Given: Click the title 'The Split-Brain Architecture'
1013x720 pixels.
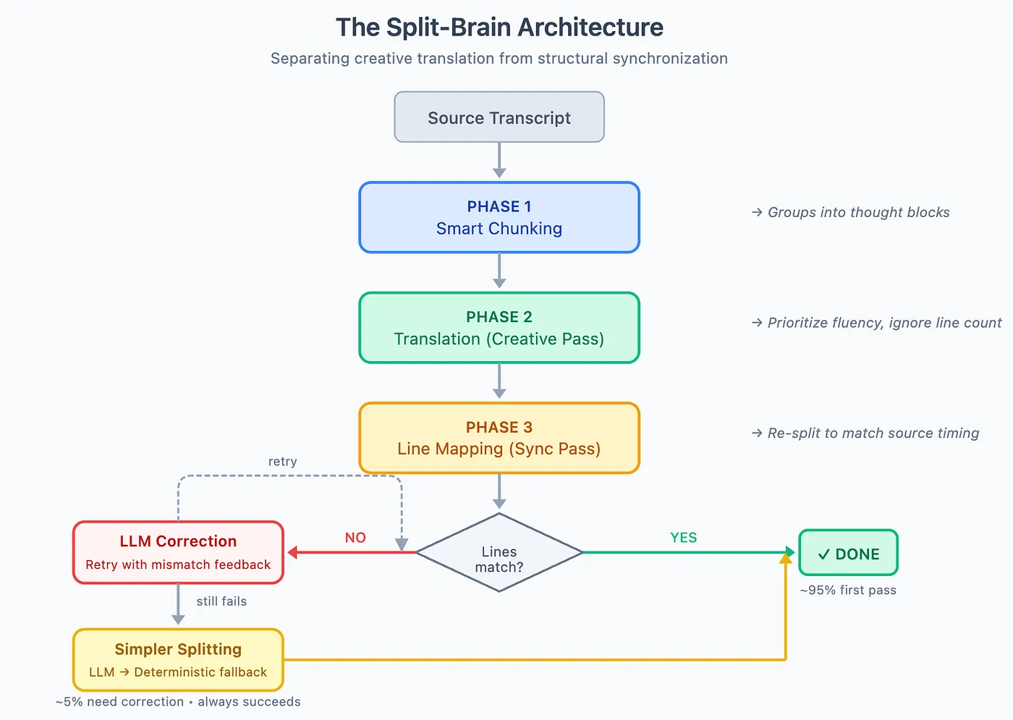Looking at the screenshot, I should [x=499, y=27].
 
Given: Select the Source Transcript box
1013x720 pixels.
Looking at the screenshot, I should [x=499, y=117].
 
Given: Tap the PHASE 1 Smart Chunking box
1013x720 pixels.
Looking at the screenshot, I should [x=499, y=217].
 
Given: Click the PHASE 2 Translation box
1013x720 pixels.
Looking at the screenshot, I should [x=499, y=328].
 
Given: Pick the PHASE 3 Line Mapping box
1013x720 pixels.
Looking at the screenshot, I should [x=499, y=438].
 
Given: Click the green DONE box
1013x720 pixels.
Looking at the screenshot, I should [x=848, y=554].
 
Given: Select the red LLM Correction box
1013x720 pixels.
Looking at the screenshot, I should [x=178, y=552].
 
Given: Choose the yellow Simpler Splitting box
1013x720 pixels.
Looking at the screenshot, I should [x=178, y=660].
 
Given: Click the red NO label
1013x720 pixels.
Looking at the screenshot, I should [x=355, y=538].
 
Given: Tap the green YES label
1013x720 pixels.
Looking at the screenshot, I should [x=683, y=538].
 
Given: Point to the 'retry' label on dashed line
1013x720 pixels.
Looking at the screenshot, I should [x=282, y=462].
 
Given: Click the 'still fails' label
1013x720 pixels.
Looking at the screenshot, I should [x=221, y=601].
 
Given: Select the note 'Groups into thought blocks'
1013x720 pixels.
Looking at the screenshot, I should [x=851, y=212].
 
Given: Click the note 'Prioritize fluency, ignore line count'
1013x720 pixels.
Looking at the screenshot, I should [x=877, y=323].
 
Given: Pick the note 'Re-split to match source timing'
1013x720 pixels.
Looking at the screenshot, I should [x=865, y=433].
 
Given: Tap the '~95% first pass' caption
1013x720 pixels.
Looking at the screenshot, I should [x=848, y=590].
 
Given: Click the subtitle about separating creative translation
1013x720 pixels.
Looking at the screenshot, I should [x=499, y=59].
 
